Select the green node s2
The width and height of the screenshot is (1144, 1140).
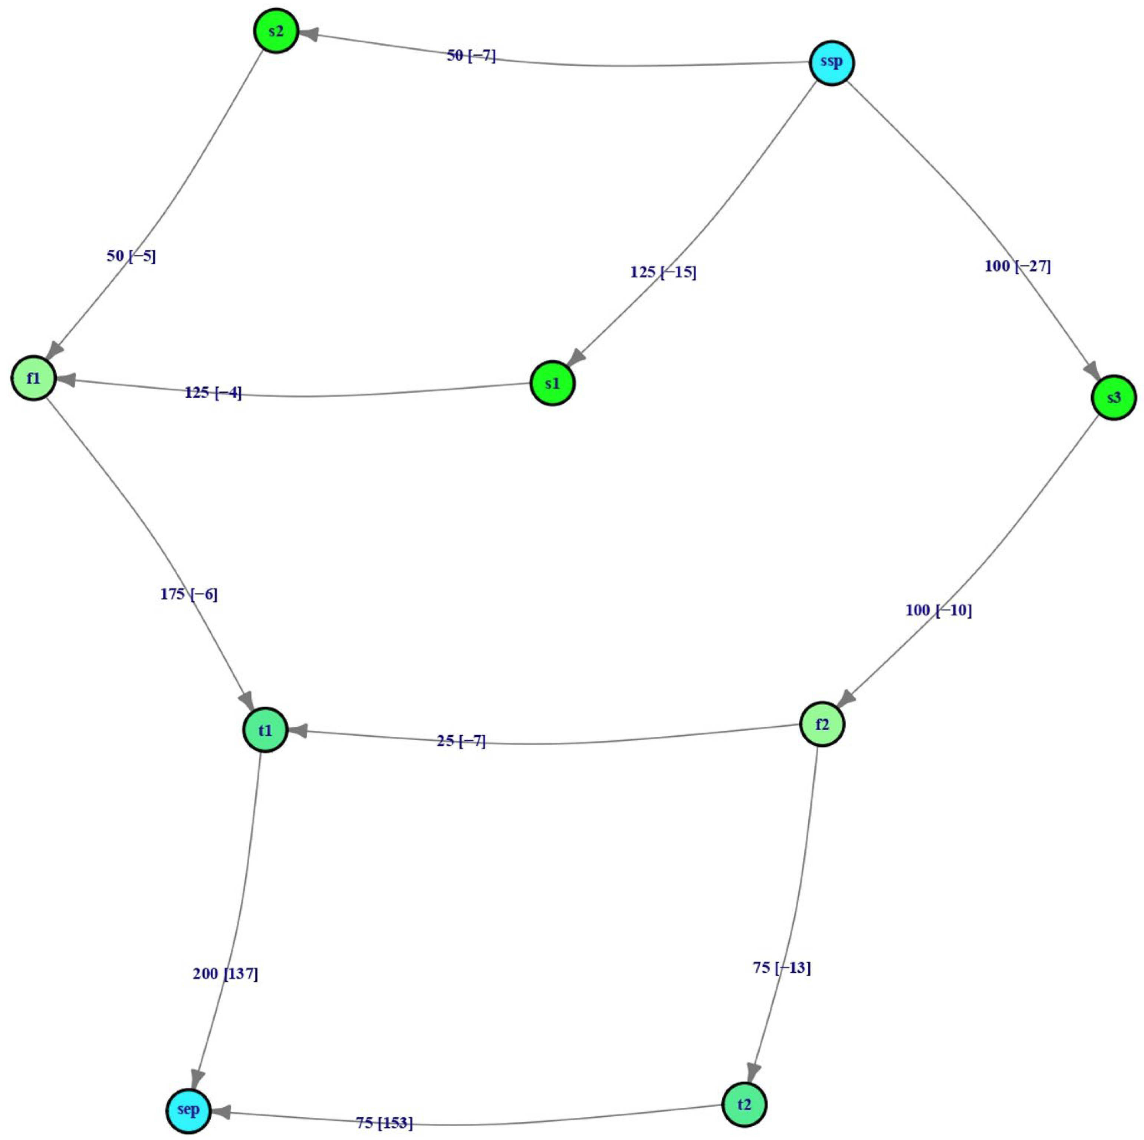coord(276,31)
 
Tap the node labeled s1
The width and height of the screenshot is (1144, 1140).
coord(552,384)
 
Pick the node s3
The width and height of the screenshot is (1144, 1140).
coord(1114,397)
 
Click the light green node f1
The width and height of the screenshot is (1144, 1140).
coord(34,378)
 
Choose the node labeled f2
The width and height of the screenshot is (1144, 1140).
coord(822,724)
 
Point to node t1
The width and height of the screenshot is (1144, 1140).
coord(265,730)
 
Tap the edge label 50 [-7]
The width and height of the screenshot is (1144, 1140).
coord(471,56)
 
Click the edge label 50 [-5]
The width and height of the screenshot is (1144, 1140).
coord(131,256)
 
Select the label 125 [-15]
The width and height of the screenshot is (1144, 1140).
coord(663,272)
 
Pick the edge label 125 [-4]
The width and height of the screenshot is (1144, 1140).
coord(213,392)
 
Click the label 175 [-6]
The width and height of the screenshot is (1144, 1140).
coord(189,594)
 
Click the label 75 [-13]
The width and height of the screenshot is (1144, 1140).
coord(782,967)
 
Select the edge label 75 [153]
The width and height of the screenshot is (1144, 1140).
coord(384,1123)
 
